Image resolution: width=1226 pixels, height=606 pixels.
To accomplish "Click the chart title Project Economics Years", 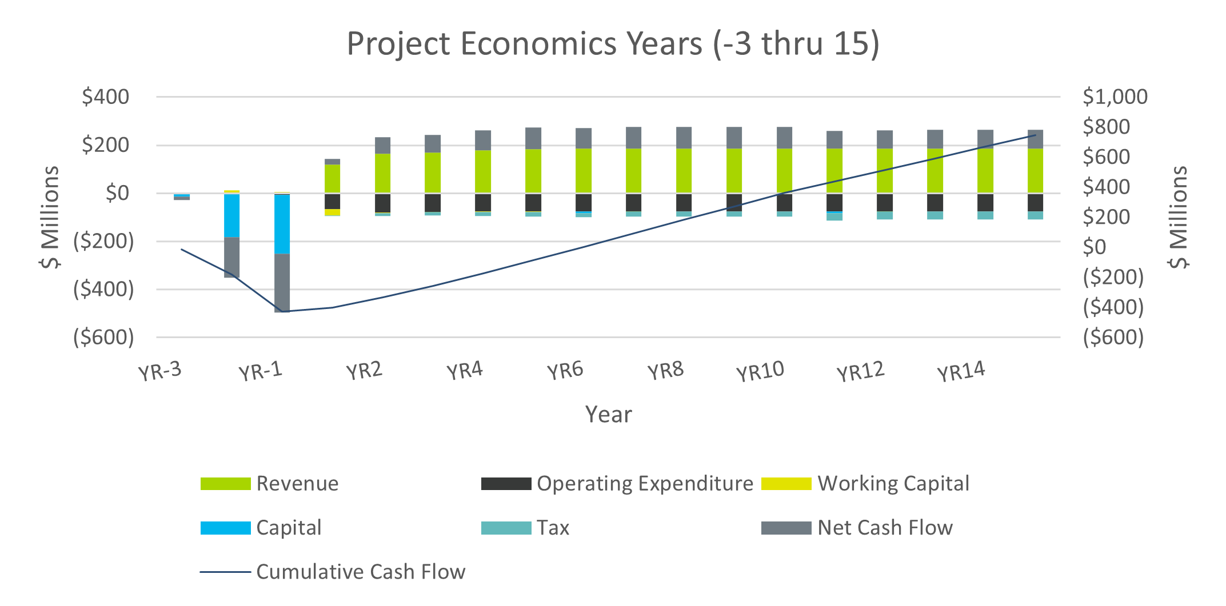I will pyautogui.click(x=613, y=43).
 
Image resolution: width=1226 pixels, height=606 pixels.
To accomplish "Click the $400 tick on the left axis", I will pyautogui.click(x=106, y=97).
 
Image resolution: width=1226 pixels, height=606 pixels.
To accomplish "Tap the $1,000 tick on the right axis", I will pyautogui.click(x=1115, y=97).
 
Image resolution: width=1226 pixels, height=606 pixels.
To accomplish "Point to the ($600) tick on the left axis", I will pyautogui.click(x=103, y=338).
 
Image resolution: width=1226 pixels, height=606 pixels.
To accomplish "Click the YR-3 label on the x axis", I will pyautogui.click(x=160, y=372).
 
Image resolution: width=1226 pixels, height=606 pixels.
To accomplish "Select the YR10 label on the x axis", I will pyautogui.click(x=760, y=372).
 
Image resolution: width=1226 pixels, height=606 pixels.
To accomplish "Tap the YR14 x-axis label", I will pyautogui.click(x=961, y=372).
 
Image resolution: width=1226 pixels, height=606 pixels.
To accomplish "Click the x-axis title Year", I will pyautogui.click(x=608, y=414).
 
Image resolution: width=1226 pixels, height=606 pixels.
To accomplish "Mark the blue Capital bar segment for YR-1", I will pyautogui.click(x=282, y=224).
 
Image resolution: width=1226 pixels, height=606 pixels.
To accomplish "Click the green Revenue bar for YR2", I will pyautogui.click(x=382, y=173).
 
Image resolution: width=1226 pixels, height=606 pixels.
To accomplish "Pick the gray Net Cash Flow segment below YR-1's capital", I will pyautogui.click(x=282, y=283).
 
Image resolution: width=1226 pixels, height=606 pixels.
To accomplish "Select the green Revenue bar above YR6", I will pyautogui.click(x=584, y=170).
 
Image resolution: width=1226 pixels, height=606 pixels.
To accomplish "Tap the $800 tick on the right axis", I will pyautogui.click(x=1106, y=127).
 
